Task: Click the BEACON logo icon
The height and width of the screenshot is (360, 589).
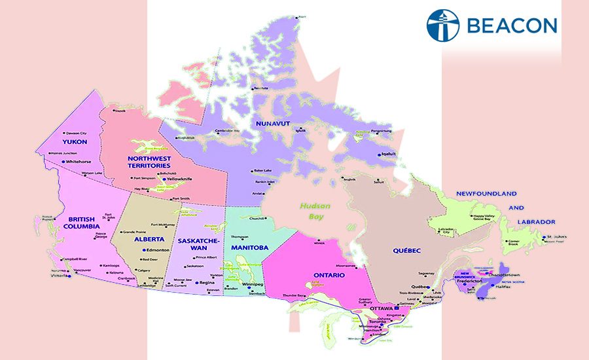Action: coord(443,26)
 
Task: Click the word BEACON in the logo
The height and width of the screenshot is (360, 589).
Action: coord(512,26)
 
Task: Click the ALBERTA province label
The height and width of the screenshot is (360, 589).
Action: coord(149,240)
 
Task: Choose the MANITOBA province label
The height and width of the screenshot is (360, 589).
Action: coord(249,248)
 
